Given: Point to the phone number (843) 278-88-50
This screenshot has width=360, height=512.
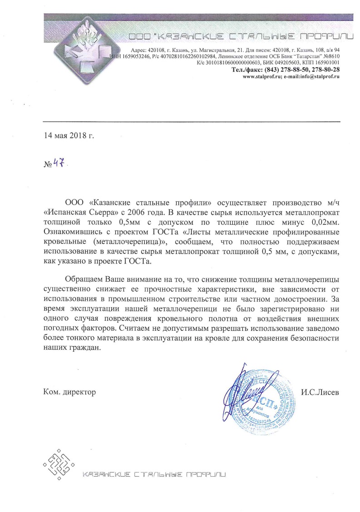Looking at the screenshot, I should [x=285, y=70].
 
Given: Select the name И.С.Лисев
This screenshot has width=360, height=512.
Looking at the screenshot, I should [x=320, y=391].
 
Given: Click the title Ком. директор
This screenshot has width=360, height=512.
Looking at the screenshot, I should [x=69, y=391].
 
